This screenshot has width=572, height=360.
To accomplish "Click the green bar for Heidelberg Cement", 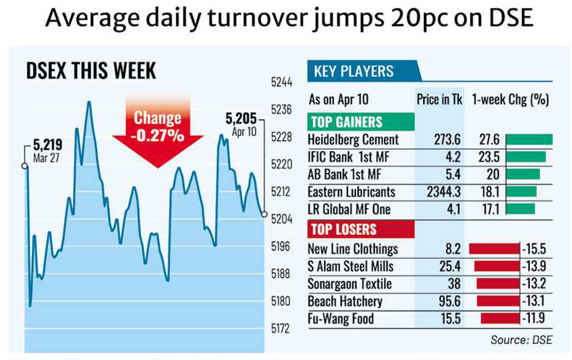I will pos(529,139).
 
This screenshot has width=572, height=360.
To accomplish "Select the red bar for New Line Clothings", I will pos(494,249).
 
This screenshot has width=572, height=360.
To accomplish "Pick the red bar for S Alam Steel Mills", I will pos(497,267).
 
